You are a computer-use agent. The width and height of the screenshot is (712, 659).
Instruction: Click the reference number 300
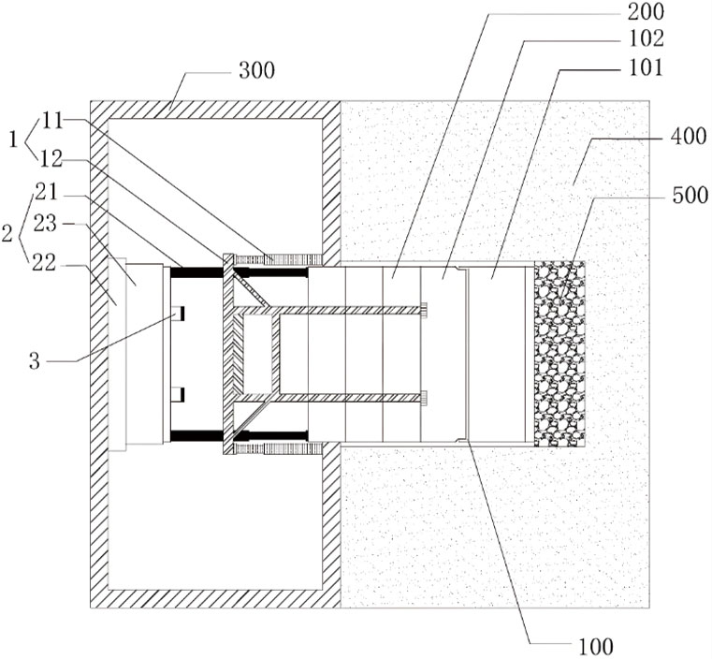pos(257,71)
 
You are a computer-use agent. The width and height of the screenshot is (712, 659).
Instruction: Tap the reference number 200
pos(646,12)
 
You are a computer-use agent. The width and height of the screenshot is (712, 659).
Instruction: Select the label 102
pos(646,39)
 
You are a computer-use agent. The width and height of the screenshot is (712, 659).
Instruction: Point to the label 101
pos(646,67)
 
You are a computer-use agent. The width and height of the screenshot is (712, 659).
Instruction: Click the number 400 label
pos(689,137)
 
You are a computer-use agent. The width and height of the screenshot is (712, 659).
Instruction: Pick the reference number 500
pos(690,196)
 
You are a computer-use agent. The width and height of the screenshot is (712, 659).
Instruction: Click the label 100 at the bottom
pos(595,646)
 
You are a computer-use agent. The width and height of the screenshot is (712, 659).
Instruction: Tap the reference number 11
pos(52,122)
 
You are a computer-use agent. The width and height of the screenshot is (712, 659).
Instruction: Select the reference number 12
pos(51,159)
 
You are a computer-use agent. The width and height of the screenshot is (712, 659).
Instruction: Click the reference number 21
pos(47,193)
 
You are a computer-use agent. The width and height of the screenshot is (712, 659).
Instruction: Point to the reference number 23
pos(46,224)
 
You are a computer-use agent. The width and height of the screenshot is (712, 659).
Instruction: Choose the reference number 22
pos(44,263)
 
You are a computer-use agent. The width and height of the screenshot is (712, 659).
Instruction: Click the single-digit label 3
pos(35,361)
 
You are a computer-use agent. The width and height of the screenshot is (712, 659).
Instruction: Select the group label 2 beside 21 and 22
pos(7,234)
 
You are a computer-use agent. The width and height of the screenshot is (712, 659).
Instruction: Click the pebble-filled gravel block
pos(559,353)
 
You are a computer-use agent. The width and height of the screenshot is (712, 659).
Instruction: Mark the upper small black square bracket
pos(179,314)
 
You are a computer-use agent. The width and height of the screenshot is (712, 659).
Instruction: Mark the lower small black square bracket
pos(179,395)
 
